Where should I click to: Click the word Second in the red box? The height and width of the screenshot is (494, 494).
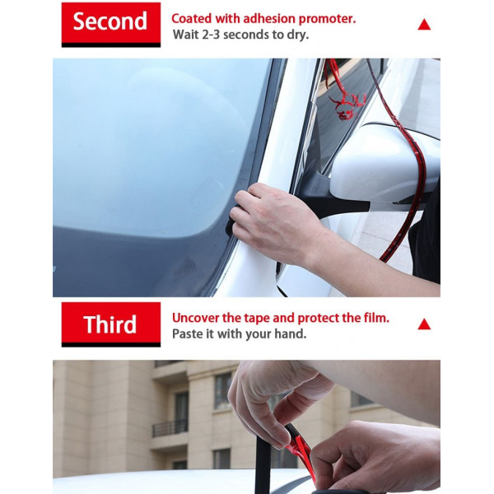[x=110, y=21]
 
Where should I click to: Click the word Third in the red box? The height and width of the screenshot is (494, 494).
[x=110, y=324]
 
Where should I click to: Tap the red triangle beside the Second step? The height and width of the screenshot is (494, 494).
[x=424, y=25]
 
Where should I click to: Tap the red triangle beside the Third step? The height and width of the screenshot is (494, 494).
[x=424, y=324]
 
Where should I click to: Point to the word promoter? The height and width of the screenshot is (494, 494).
[x=327, y=19]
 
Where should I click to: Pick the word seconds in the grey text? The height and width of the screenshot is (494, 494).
[x=246, y=35]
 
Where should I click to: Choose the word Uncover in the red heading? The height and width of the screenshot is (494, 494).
[x=195, y=318]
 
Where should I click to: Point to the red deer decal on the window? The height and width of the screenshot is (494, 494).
[x=346, y=103]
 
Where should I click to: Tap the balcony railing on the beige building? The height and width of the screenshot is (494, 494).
[x=170, y=428]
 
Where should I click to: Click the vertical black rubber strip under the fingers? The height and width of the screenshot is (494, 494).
[x=263, y=463]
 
